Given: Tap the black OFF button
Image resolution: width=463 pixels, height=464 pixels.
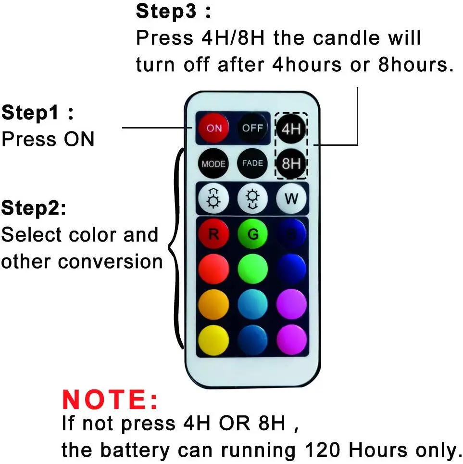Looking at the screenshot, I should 252,128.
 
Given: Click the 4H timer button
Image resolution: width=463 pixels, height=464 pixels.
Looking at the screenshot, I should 291,129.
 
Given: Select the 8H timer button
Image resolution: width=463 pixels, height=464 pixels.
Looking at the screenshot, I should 291,164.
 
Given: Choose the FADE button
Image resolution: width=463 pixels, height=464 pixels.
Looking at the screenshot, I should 252,163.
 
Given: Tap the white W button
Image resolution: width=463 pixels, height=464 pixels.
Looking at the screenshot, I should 291,198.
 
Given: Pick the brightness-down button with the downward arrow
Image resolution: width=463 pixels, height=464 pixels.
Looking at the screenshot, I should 252,198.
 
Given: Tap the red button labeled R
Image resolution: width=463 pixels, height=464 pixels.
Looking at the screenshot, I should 213,234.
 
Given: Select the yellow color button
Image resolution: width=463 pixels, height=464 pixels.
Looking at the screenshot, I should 213,340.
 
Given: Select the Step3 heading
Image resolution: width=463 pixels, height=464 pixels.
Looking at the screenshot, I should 174,12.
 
